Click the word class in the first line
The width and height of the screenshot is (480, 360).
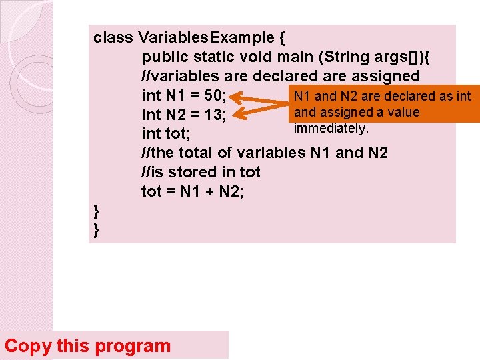(113, 37)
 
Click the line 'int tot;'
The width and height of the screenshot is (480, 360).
(166, 134)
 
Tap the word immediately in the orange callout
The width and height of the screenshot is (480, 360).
(330, 127)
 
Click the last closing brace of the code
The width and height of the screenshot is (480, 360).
(97, 230)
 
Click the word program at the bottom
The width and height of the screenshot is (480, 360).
(133, 346)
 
